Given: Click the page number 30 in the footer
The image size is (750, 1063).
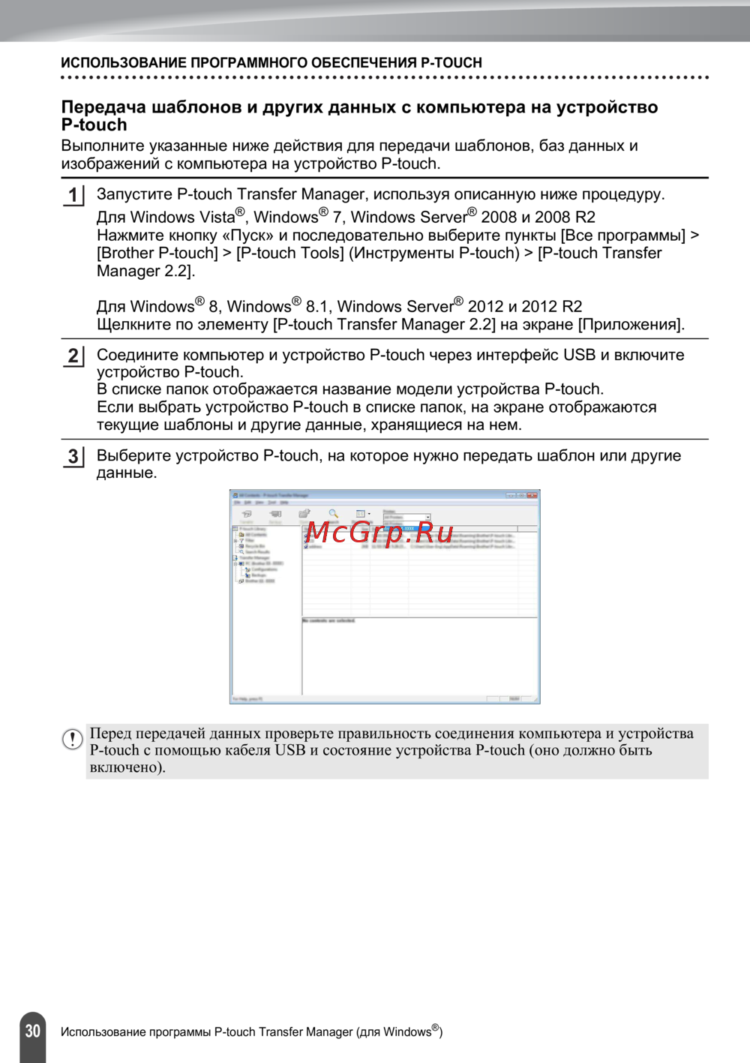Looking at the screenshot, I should point(32,1031).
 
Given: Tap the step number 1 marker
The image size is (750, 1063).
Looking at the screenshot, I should point(73,196).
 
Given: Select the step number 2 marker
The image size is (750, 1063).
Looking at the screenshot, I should point(73,356).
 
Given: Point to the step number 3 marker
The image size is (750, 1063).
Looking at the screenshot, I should point(73,456).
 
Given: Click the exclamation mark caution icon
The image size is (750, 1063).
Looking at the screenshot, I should point(72,740).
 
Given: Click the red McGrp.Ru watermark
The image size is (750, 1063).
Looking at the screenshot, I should point(379,533).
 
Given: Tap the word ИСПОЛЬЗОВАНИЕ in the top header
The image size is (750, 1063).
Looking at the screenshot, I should point(124,63).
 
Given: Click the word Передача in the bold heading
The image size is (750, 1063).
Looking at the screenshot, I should point(103,107).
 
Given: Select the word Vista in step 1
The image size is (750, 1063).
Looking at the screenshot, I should point(217,218).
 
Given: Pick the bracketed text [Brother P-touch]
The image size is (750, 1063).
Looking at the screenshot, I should point(157,254).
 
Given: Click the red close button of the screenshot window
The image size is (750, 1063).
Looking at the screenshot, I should point(532,496).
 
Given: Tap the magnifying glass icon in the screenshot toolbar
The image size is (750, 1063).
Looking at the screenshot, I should point(333,514).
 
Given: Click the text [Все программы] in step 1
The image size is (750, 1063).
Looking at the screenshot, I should point(622,236).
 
